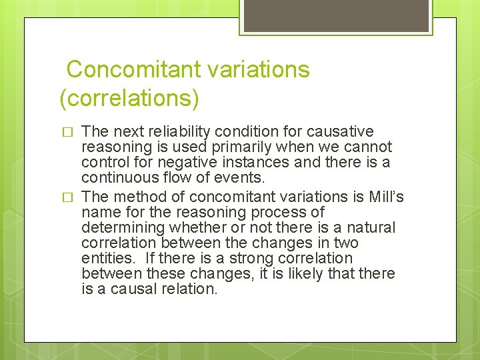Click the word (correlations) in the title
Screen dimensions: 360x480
pos(129,98)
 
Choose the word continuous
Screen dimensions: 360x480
pos(119,177)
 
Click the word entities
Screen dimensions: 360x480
pos(105,258)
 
